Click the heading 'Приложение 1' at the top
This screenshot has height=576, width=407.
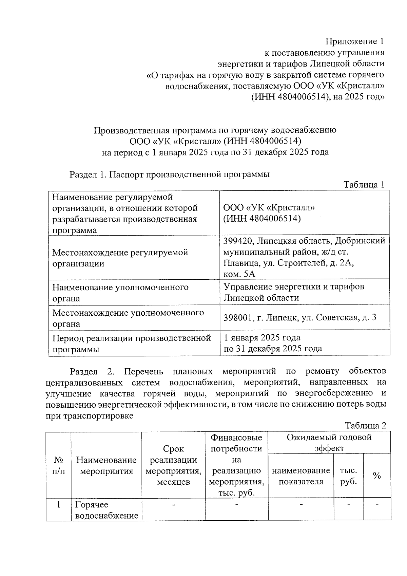pos(355,42)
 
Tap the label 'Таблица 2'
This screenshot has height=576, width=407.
pos(365,426)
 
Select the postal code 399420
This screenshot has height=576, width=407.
pos(238,241)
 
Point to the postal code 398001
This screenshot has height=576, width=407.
pos(238,318)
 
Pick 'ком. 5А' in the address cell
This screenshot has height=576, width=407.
pos(239,274)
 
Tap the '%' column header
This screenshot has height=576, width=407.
pos(376,476)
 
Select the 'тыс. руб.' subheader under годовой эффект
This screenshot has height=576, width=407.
pos(348,476)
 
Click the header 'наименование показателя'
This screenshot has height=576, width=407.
pos(301,476)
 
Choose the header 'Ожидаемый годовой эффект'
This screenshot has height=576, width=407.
pos(329,442)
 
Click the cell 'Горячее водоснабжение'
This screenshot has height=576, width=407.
pos(106,510)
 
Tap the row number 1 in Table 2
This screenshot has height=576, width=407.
pos(58,505)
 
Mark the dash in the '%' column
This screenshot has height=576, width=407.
pos(377,505)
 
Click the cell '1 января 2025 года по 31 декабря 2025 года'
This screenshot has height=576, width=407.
pos(273,343)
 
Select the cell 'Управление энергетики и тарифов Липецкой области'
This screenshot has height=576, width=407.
pos(294,292)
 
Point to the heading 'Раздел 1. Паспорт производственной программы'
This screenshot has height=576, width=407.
pos(169,174)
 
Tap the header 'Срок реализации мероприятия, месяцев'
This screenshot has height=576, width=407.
pos(173,465)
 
